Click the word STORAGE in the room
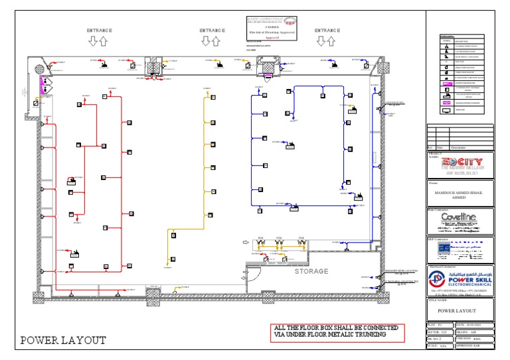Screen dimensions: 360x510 [311, 272]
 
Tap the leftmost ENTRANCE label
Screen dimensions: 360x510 [99, 31]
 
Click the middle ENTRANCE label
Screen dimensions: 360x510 [212, 31]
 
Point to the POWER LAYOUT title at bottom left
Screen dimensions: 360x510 [63, 341]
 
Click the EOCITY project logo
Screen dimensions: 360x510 [460, 162]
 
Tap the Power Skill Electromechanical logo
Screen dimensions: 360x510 [460, 279]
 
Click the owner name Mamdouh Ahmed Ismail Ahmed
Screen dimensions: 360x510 [460, 193]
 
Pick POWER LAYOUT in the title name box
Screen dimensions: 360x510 [460, 311]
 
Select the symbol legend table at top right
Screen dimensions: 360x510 [460, 76]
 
